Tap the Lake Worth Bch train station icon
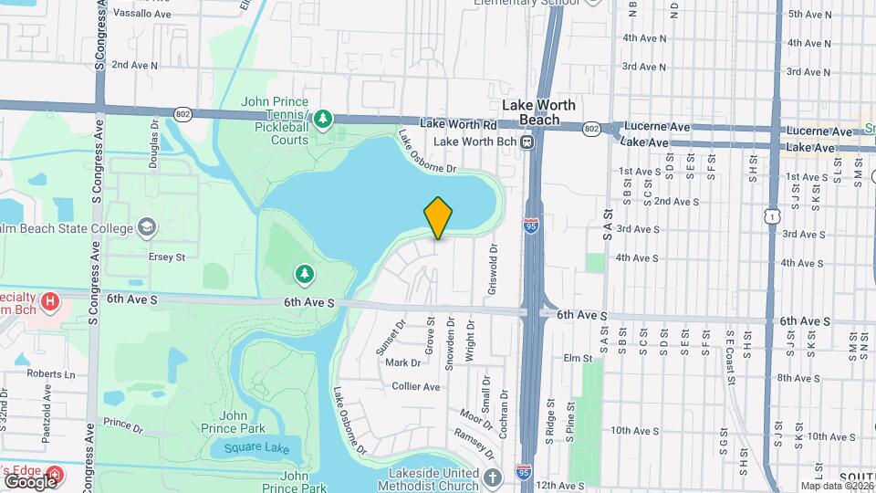527,142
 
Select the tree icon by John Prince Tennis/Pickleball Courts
322,118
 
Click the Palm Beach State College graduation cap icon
146,226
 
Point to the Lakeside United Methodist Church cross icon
493,477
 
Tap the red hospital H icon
51,299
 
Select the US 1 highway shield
773,215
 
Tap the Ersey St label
167,257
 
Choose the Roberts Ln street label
50,373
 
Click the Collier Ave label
416,386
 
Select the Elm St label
573,357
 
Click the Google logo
30,481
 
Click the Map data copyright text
836,486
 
